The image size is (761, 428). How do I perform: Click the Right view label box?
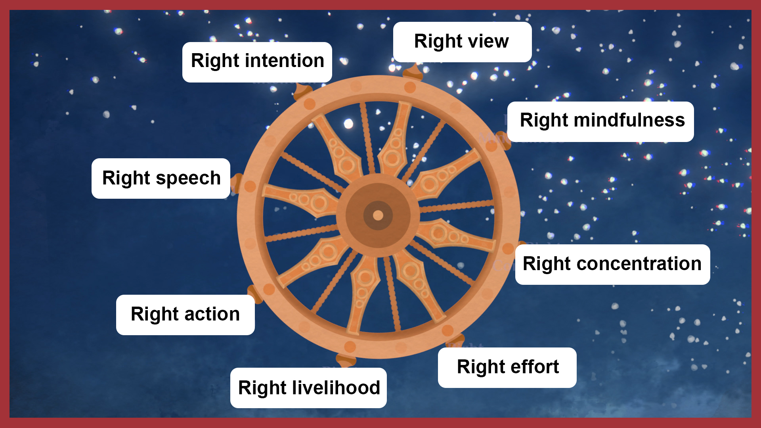click(x=462, y=42)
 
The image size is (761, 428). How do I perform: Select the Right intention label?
click(x=257, y=62)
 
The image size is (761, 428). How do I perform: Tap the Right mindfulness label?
click(x=600, y=122)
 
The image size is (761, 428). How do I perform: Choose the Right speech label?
click(x=161, y=178)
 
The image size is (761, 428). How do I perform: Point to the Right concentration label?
click(x=612, y=265)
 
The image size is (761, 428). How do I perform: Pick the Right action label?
click(x=185, y=315)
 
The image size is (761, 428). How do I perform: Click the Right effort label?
click(x=507, y=368)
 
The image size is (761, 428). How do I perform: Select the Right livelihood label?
click(x=308, y=388)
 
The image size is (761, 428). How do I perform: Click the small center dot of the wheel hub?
click(x=378, y=215)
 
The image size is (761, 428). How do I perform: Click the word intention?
click(x=285, y=61)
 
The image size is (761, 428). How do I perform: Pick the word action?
click(x=212, y=314)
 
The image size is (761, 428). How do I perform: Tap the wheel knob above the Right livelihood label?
click(x=346, y=360)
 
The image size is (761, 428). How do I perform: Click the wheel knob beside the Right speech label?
click(x=236, y=183)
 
